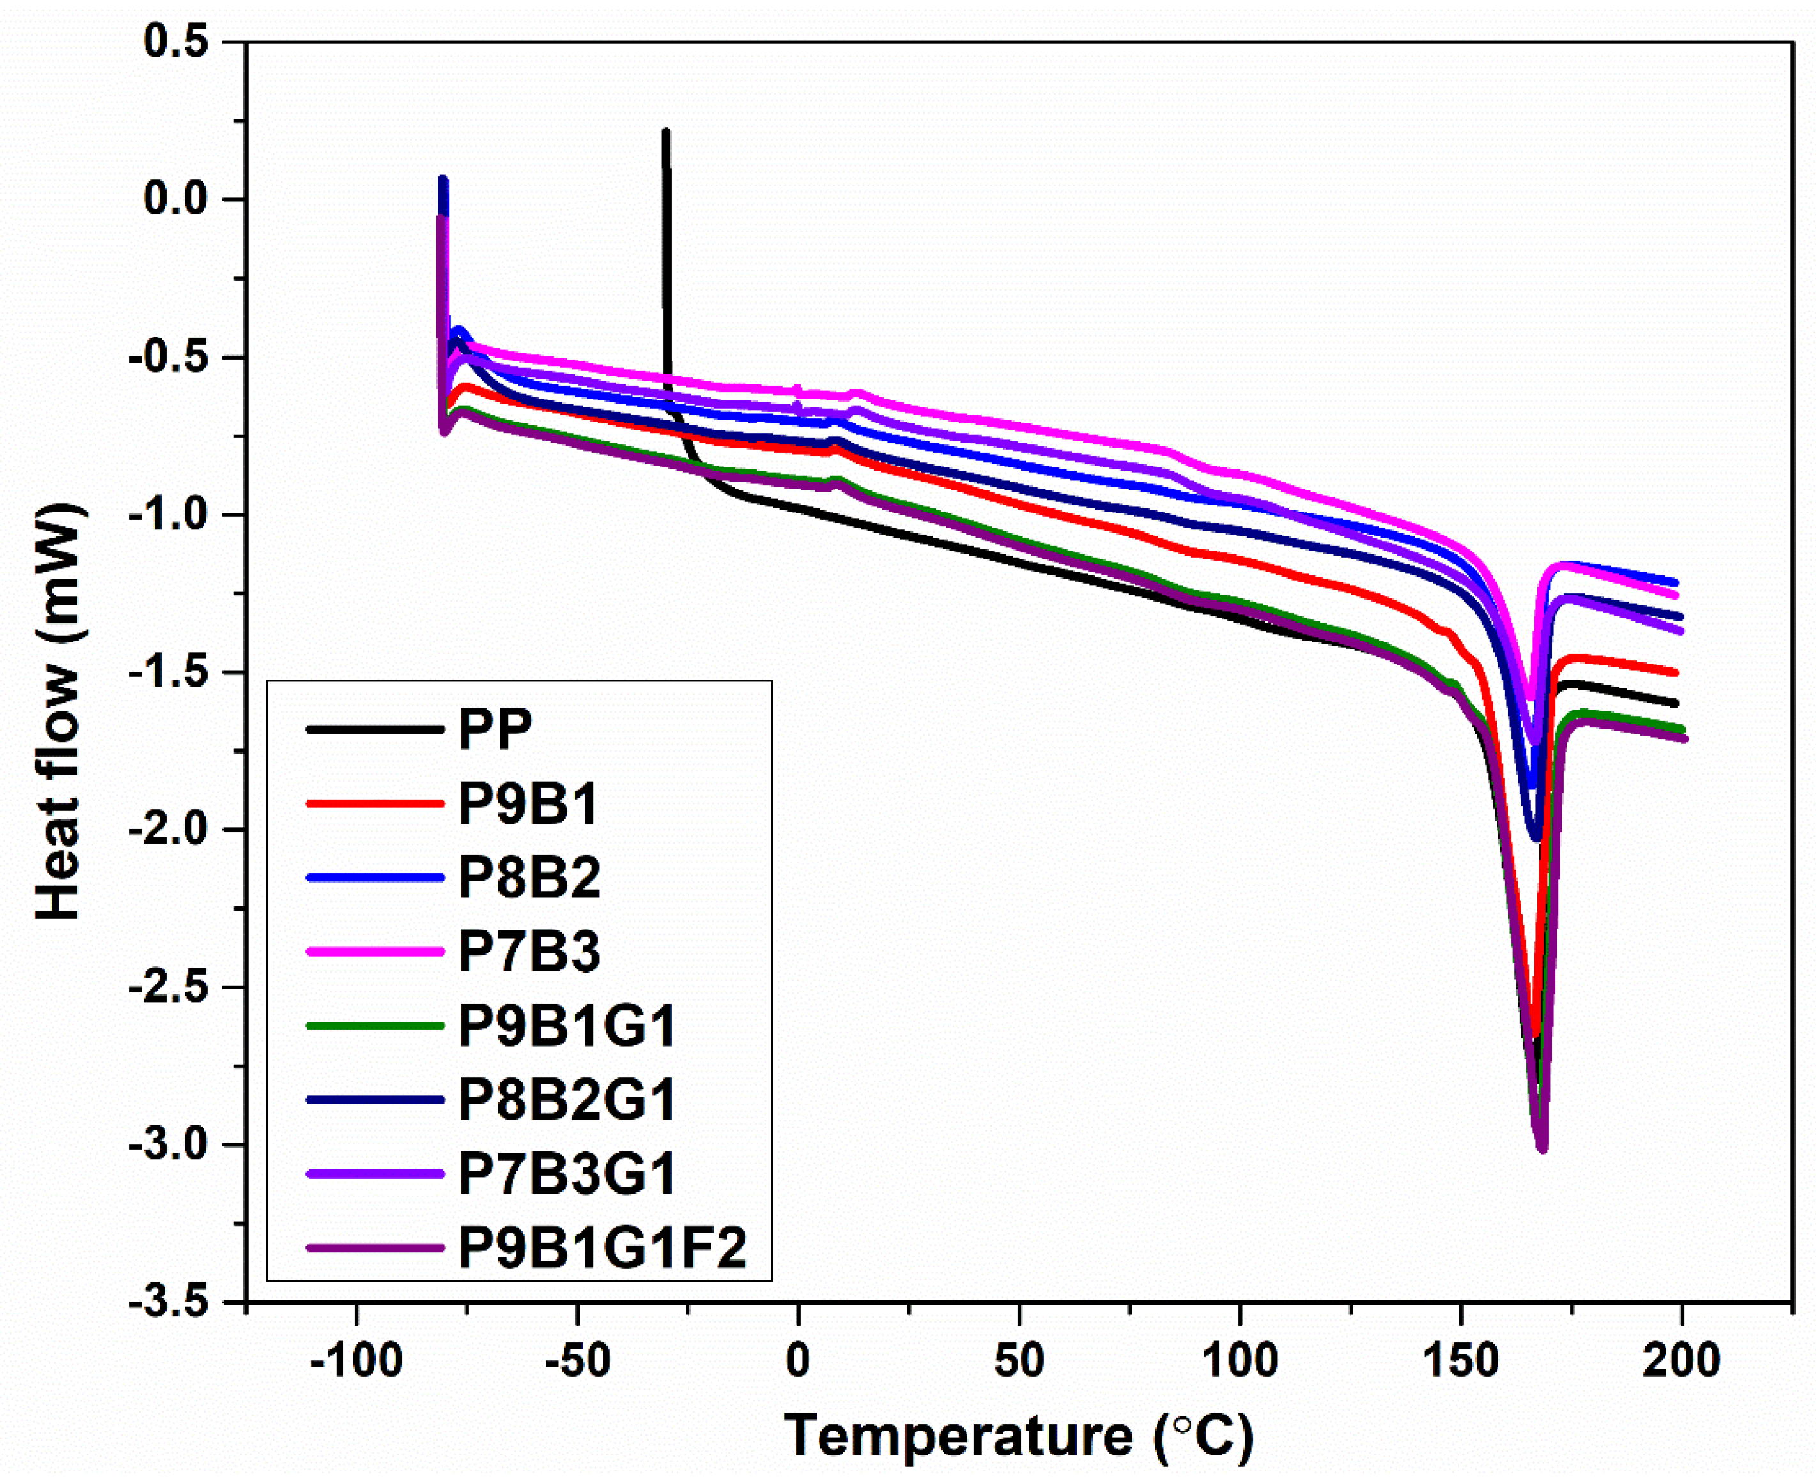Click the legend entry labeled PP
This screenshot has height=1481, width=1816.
495,729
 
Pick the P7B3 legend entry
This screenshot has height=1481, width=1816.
529,951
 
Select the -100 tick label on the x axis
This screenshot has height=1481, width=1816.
356,1361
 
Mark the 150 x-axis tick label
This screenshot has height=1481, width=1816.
1460,1361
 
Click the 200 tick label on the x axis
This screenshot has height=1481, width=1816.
1681,1361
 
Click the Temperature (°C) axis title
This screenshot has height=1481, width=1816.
1018,1437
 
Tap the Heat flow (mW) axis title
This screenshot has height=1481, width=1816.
59,712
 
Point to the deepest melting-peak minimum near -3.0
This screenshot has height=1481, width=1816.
1542,1148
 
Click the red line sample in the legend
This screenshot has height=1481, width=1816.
376,803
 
